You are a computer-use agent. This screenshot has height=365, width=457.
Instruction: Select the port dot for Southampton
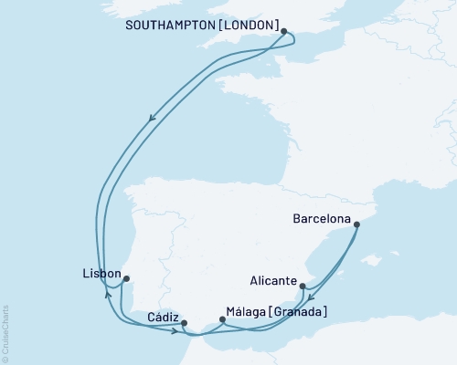[x=284, y=32]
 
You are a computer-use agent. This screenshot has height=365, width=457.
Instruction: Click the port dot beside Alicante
[x=303, y=286]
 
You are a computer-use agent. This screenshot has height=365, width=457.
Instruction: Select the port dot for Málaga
[x=222, y=320]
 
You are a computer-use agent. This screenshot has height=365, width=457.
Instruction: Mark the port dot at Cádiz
[x=184, y=323]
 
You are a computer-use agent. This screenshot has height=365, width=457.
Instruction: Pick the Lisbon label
[x=100, y=273]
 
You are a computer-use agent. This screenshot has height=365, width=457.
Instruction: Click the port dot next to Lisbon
[x=126, y=278]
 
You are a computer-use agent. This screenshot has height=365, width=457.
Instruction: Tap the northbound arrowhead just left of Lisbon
[x=109, y=294]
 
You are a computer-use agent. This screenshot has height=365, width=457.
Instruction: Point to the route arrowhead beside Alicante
[x=311, y=298]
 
